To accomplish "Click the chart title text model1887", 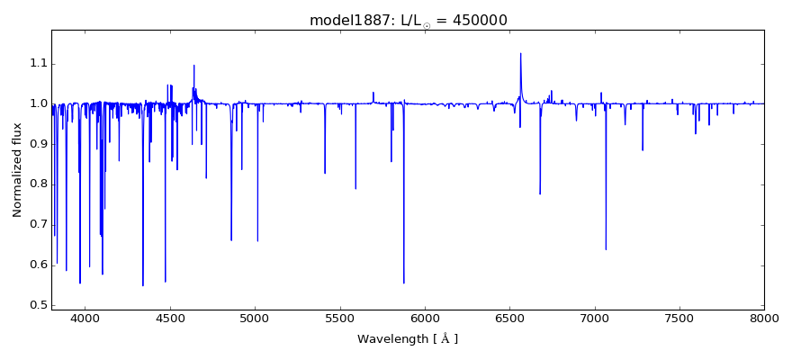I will tap(346, 20).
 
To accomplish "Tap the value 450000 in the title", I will tap(490, 20).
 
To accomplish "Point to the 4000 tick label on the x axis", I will tap(85, 318).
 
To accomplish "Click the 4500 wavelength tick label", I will tap(170, 318).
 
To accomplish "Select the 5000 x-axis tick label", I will tap(255, 318).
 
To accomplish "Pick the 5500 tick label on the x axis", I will tap(339, 318).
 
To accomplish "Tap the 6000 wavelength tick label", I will tap(425, 318).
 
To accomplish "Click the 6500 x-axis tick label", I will tap(509, 318).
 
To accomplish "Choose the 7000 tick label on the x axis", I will tap(594, 318).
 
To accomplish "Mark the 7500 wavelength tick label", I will tap(679, 318).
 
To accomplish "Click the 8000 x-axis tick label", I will tap(764, 318).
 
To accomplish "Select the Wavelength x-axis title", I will tap(408, 339).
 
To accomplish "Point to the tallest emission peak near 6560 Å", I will tap(520, 53).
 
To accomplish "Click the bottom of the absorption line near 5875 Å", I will tap(403, 283).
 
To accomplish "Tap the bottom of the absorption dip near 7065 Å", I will tap(606, 249).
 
